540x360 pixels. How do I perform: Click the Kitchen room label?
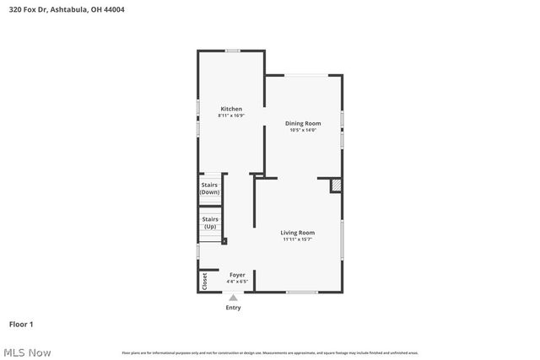click(231, 109)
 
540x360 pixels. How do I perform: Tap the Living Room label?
click(298, 233)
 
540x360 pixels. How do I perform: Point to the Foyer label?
click(237, 275)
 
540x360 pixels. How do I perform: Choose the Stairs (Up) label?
click(209, 223)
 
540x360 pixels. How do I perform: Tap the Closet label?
click(204, 281)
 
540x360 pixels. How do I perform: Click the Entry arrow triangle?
click(234, 297)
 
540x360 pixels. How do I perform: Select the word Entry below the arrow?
click(233, 308)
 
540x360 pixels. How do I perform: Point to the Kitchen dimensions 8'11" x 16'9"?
click(231, 116)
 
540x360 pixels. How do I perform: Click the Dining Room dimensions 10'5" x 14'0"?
click(302, 130)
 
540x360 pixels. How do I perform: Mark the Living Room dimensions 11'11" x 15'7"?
click(298, 239)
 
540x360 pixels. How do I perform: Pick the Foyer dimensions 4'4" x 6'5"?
click(237, 281)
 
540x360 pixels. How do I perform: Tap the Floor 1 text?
click(21, 324)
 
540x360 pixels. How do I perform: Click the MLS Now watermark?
click(27, 352)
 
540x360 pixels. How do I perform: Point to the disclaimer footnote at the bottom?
click(269, 352)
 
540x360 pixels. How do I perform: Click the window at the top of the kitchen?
click(232, 51)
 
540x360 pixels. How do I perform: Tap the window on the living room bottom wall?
click(302, 292)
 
